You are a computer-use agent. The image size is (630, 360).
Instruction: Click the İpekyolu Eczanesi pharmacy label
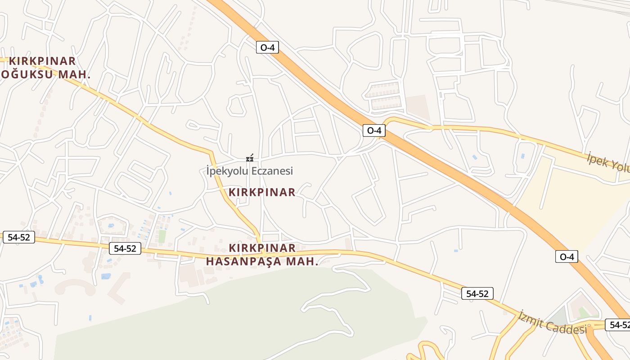click(250, 171)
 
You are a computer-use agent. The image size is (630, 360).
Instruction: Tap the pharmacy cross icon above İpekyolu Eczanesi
click(250, 158)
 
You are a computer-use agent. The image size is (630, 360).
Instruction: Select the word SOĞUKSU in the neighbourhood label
click(27, 74)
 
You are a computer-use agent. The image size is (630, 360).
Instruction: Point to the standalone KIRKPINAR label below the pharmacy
click(262, 192)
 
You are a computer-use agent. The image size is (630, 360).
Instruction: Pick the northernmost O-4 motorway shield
click(267, 47)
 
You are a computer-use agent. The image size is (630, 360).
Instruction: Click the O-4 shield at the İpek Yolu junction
click(374, 130)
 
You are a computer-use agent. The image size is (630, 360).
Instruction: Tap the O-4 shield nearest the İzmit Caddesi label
click(567, 256)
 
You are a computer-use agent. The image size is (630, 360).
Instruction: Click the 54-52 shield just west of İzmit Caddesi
click(477, 294)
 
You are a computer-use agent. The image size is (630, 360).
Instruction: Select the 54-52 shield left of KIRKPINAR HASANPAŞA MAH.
click(125, 248)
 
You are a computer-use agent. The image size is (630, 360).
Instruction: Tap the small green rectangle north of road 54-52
click(162, 236)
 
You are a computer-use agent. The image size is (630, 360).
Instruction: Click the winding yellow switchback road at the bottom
click(430, 349)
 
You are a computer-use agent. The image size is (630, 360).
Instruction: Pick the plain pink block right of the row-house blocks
click(417, 107)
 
